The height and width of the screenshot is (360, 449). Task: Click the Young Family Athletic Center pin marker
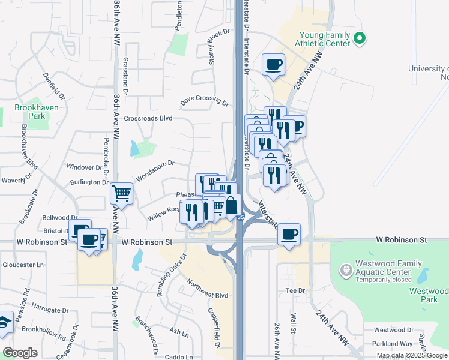[360, 39]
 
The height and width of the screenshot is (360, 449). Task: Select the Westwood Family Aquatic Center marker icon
[346, 271]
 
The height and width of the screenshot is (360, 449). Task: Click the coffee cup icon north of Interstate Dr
[273, 64]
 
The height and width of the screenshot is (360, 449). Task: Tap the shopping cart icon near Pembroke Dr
[121, 193]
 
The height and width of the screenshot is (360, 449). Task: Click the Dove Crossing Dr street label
[205, 101]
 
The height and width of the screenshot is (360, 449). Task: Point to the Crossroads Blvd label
[148, 118]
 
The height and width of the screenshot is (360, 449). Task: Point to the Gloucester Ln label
[23, 264]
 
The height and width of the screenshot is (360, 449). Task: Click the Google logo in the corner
[20, 353]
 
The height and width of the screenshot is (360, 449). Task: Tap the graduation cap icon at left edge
[5, 323]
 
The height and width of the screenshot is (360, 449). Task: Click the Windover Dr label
[84, 167]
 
